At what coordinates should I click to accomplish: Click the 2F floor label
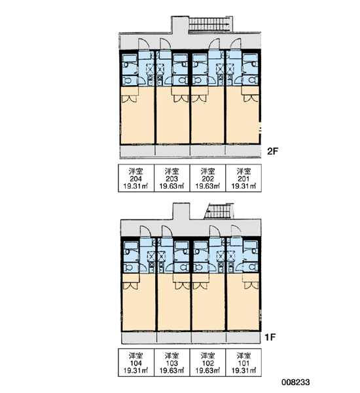pos(273,151)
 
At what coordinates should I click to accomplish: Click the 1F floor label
pos(270,337)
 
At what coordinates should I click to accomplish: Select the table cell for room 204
pos(136,178)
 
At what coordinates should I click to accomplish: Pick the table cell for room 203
pos(172,178)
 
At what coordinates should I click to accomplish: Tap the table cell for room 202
pos(207,178)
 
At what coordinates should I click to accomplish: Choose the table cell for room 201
pos(243,178)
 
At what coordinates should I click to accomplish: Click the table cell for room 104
pos(136,362)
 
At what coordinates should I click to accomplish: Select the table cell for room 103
pos(172,362)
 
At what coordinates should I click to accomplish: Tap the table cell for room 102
pos(207,362)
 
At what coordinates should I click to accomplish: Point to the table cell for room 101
pos(243,362)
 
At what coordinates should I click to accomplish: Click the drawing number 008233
pos(296,383)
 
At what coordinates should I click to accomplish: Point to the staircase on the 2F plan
pos(209,24)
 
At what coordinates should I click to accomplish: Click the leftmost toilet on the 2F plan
pos(128,81)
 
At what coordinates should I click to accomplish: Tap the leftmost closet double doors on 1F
pos(130,286)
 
